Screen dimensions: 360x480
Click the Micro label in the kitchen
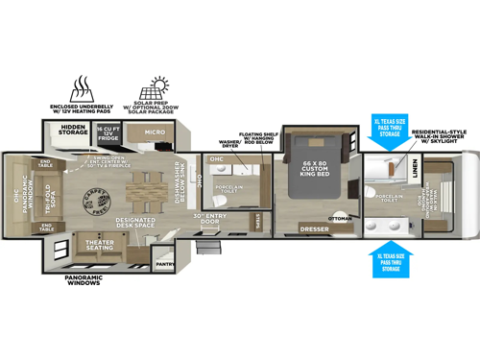155,132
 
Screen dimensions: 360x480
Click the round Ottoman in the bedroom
340,215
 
